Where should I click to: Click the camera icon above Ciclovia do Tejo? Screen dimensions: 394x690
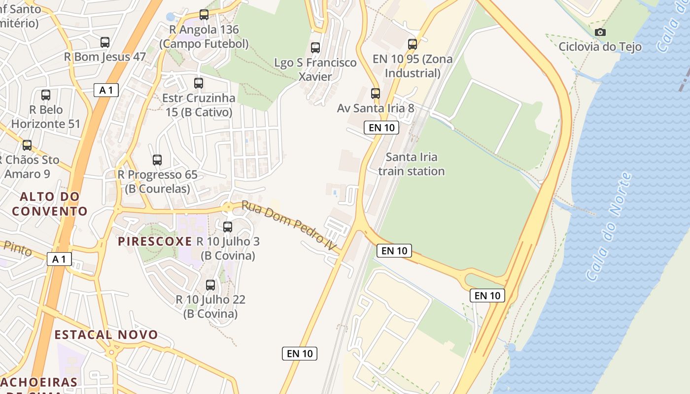click(600, 33)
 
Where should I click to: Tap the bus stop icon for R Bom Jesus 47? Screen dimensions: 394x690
click(105, 42)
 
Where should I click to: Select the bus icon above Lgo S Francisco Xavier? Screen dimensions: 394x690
click(315, 48)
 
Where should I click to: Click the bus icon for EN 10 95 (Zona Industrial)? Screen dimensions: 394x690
click(413, 44)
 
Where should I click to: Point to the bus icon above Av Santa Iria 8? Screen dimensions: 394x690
click(376, 94)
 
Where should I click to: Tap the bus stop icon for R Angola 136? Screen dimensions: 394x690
click(204, 15)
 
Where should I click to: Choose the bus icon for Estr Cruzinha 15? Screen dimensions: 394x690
click(199, 83)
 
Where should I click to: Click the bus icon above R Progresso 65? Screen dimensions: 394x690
click(157, 160)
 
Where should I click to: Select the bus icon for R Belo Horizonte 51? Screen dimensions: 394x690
click(46, 95)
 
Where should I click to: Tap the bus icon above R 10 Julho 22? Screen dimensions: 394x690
click(210, 285)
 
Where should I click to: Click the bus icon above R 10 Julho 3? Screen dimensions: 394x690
click(228, 227)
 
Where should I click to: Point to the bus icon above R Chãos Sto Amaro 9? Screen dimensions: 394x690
click(27, 145)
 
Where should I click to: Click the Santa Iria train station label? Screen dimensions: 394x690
click(411, 164)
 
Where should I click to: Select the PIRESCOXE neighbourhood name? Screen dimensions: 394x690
click(155, 241)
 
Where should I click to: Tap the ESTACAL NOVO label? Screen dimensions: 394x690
click(106, 335)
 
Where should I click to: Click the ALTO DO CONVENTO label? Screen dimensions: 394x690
click(49, 204)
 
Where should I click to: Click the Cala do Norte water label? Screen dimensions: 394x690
click(610, 227)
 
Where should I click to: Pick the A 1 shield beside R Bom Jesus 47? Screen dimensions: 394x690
click(106, 90)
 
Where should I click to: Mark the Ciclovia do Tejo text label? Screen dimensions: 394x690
click(600, 47)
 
